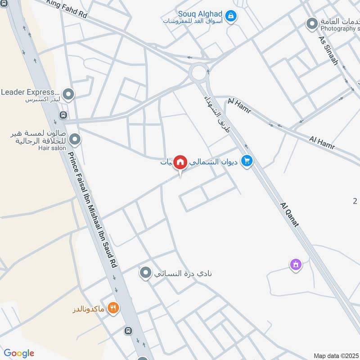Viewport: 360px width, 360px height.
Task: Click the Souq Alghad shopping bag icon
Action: click(x=231, y=17)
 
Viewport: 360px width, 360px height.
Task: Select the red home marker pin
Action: click(x=180, y=162)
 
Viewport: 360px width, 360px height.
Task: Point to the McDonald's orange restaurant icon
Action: click(x=113, y=308)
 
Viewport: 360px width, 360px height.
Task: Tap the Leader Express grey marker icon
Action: click(x=68, y=94)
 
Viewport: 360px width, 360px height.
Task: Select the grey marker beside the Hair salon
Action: click(x=75, y=139)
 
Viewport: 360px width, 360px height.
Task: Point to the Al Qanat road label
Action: click(x=289, y=214)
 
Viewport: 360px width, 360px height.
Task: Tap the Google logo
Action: click(x=19, y=353)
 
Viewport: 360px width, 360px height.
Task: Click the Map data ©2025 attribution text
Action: click(x=336, y=355)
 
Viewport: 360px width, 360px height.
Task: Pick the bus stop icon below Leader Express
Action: click(x=62, y=115)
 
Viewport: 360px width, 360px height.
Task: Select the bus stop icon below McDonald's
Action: click(x=128, y=331)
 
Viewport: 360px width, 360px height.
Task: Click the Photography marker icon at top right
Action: click(x=312, y=24)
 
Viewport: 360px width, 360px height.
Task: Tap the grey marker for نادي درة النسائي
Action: click(x=145, y=273)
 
